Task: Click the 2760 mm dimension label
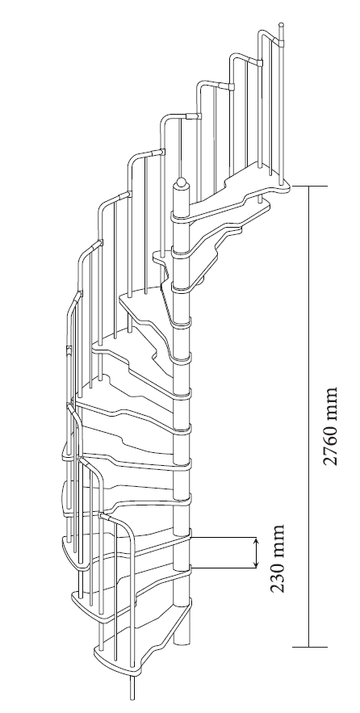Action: coord(330,426)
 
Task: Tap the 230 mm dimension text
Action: coord(278,559)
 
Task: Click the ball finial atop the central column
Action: coord(181,184)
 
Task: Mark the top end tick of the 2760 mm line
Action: coord(309,186)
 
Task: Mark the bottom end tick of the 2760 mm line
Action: coord(309,646)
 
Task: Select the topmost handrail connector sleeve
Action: coord(278,43)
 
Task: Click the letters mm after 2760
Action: coord(330,401)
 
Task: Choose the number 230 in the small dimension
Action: coord(278,574)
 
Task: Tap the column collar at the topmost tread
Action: coord(181,217)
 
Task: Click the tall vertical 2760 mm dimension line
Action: coord(309,416)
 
